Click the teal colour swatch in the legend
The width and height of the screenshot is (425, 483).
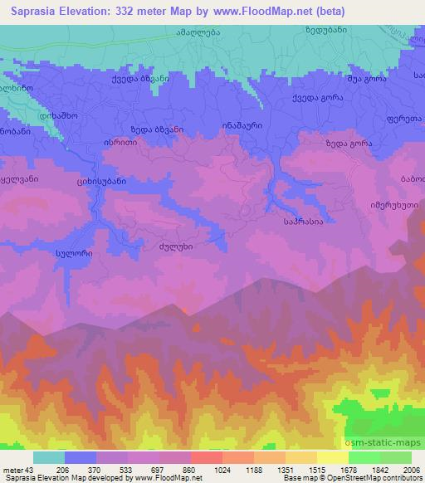(48, 456)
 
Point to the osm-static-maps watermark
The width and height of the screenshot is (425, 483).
(383, 439)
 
